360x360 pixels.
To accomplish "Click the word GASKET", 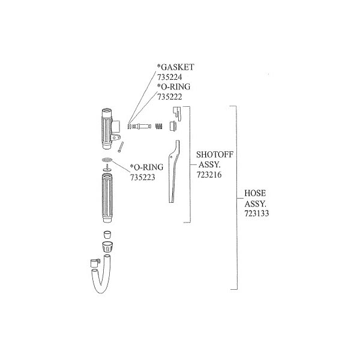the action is [x=178, y=67].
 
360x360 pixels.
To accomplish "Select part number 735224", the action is [x=169, y=77].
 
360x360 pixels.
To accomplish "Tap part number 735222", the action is [x=169, y=97].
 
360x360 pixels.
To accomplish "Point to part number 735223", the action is [x=143, y=177].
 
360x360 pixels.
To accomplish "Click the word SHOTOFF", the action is [x=215, y=155].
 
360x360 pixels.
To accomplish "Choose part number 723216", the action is [x=209, y=175].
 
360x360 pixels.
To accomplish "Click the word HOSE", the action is [x=255, y=193].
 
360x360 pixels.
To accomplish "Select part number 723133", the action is [x=257, y=213].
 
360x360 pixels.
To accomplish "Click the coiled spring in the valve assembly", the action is [x=159, y=126].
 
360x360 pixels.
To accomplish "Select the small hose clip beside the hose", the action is [x=95, y=263].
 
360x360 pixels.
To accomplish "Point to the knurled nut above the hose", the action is [x=107, y=247].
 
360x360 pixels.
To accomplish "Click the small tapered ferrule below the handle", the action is [x=107, y=235].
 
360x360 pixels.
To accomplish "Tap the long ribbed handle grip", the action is [x=107, y=198].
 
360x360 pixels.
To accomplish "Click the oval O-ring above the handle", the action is [x=107, y=160].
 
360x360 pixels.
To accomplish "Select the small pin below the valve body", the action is [x=121, y=147].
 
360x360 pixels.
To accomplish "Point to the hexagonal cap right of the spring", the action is [x=173, y=126].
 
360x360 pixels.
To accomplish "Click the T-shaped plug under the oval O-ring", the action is [x=107, y=167].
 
